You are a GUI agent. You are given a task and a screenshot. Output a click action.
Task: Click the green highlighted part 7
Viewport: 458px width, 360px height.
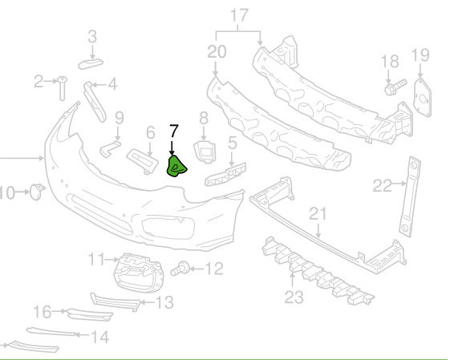(x=176, y=167)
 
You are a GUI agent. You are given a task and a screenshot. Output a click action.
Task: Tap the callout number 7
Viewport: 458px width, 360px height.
(x=173, y=131)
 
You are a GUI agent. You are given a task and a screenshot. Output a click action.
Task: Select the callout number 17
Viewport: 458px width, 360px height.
(x=239, y=15)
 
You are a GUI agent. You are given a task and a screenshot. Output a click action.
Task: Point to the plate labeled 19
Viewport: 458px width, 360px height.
(x=423, y=98)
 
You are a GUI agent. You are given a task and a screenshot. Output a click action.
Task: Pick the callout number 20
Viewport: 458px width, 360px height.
(x=217, y=52)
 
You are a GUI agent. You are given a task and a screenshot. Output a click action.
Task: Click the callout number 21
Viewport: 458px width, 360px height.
(x=318, y=214)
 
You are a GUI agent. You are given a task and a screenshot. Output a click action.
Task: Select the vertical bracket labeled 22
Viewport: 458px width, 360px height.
(x=410, y=196)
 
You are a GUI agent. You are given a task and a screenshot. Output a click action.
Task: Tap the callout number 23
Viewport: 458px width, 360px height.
(x=294, y=297)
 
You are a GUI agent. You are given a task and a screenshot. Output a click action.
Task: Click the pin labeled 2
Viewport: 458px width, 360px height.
(x=63, y=88)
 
